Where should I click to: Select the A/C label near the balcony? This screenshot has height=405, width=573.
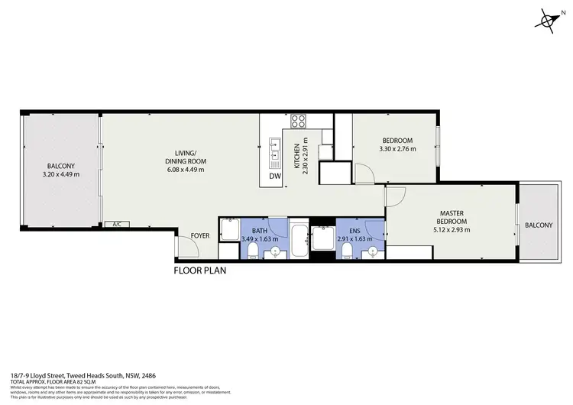(117, 225)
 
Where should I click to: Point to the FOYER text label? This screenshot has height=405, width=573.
(200, 236)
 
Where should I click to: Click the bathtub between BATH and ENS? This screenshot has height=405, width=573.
(299, 241)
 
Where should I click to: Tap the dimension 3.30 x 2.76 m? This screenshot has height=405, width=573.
(397, 149)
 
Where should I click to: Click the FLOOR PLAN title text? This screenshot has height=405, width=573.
(199, 270)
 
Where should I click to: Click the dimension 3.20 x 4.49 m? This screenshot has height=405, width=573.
(61, 174)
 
